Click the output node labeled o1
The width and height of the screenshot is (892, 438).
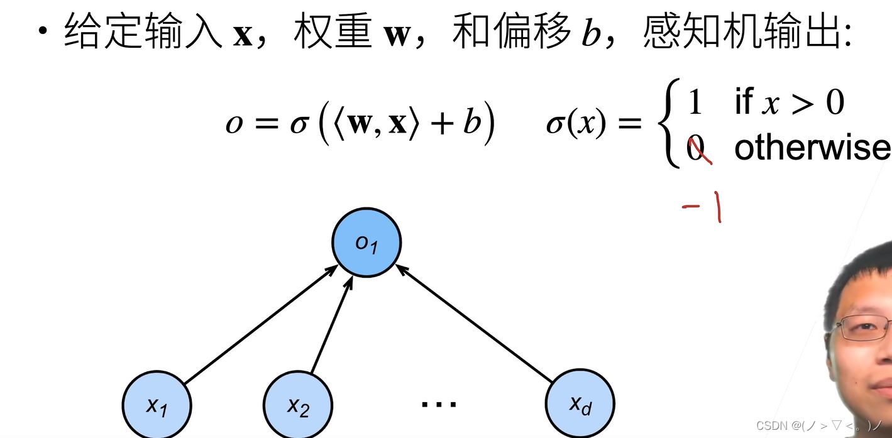click(366, 243)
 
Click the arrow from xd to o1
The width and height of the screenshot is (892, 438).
click(475, 323)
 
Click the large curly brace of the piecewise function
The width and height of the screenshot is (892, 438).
click(669, 126)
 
